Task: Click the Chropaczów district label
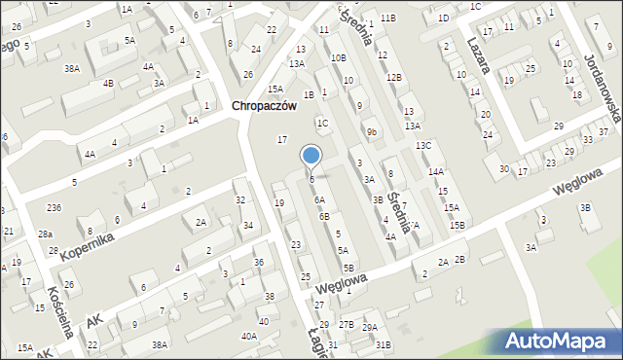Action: [262, 107]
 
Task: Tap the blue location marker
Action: [311, 156]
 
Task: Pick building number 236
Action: [54, 208]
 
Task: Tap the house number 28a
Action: [45, 234]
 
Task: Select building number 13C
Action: [423, 146]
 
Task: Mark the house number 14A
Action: [435, 171]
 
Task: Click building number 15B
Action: [458, 226]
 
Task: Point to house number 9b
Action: [372, 131]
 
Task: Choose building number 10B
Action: [337, 58]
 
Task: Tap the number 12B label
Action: [393, 77]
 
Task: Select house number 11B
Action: [388, 18]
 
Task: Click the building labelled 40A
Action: [249, 336]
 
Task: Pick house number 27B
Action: [347, 323]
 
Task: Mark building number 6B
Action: [324, 216]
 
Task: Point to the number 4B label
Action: [108, 83]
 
